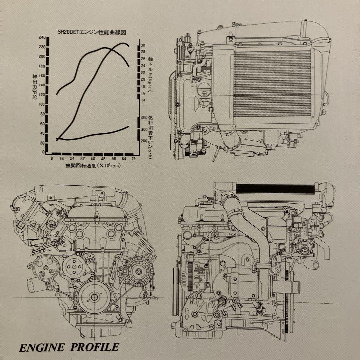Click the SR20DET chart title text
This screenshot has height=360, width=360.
pos(93,33)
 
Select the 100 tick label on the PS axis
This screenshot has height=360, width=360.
pos(42,104)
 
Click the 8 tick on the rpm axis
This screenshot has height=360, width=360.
pos(52,159)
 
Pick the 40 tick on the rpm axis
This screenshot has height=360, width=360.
pos(93,159)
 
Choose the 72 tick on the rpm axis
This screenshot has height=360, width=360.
pos(134,159)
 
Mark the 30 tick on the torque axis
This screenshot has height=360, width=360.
pos(143,45)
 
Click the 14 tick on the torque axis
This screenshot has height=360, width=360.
pos(143,100)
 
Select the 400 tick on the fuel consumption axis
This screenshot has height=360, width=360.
pos(144,118)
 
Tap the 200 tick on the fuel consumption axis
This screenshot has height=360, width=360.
pos(144,141)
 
